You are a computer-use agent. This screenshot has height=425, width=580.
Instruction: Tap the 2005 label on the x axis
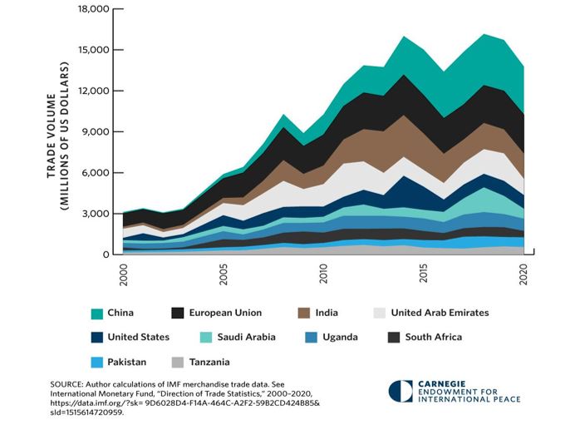pos(224,275)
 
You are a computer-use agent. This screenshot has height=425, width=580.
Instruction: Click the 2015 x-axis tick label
pos(424,275)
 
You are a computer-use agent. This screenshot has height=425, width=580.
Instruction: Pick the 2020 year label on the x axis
pos(523,275)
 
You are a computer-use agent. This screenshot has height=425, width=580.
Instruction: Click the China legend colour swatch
pos(98,313)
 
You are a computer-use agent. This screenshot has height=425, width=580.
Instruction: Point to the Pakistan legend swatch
pos(98,362)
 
